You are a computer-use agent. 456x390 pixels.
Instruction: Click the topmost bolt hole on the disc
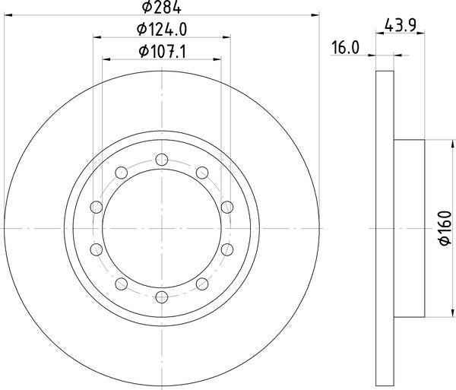click(161, 159)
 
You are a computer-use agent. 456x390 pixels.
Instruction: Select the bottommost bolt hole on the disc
click(161, 296)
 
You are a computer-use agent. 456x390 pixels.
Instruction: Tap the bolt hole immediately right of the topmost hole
click(202, 173)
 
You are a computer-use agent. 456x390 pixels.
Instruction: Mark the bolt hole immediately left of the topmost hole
click(121, 173)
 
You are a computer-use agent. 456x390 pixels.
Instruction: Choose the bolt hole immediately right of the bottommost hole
click(202, 284)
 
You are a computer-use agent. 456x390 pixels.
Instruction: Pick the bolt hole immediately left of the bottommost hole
click(121, 284)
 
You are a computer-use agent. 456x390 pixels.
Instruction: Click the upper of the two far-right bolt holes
click(227, 207)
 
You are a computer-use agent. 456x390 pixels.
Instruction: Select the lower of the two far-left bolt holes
click(96, 249)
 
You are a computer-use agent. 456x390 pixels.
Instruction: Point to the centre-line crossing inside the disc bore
click(161, 228)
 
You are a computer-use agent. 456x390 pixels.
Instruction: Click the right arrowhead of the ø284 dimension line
click(314, 14)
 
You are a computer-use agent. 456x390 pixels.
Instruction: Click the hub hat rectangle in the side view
click(409, 228)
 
